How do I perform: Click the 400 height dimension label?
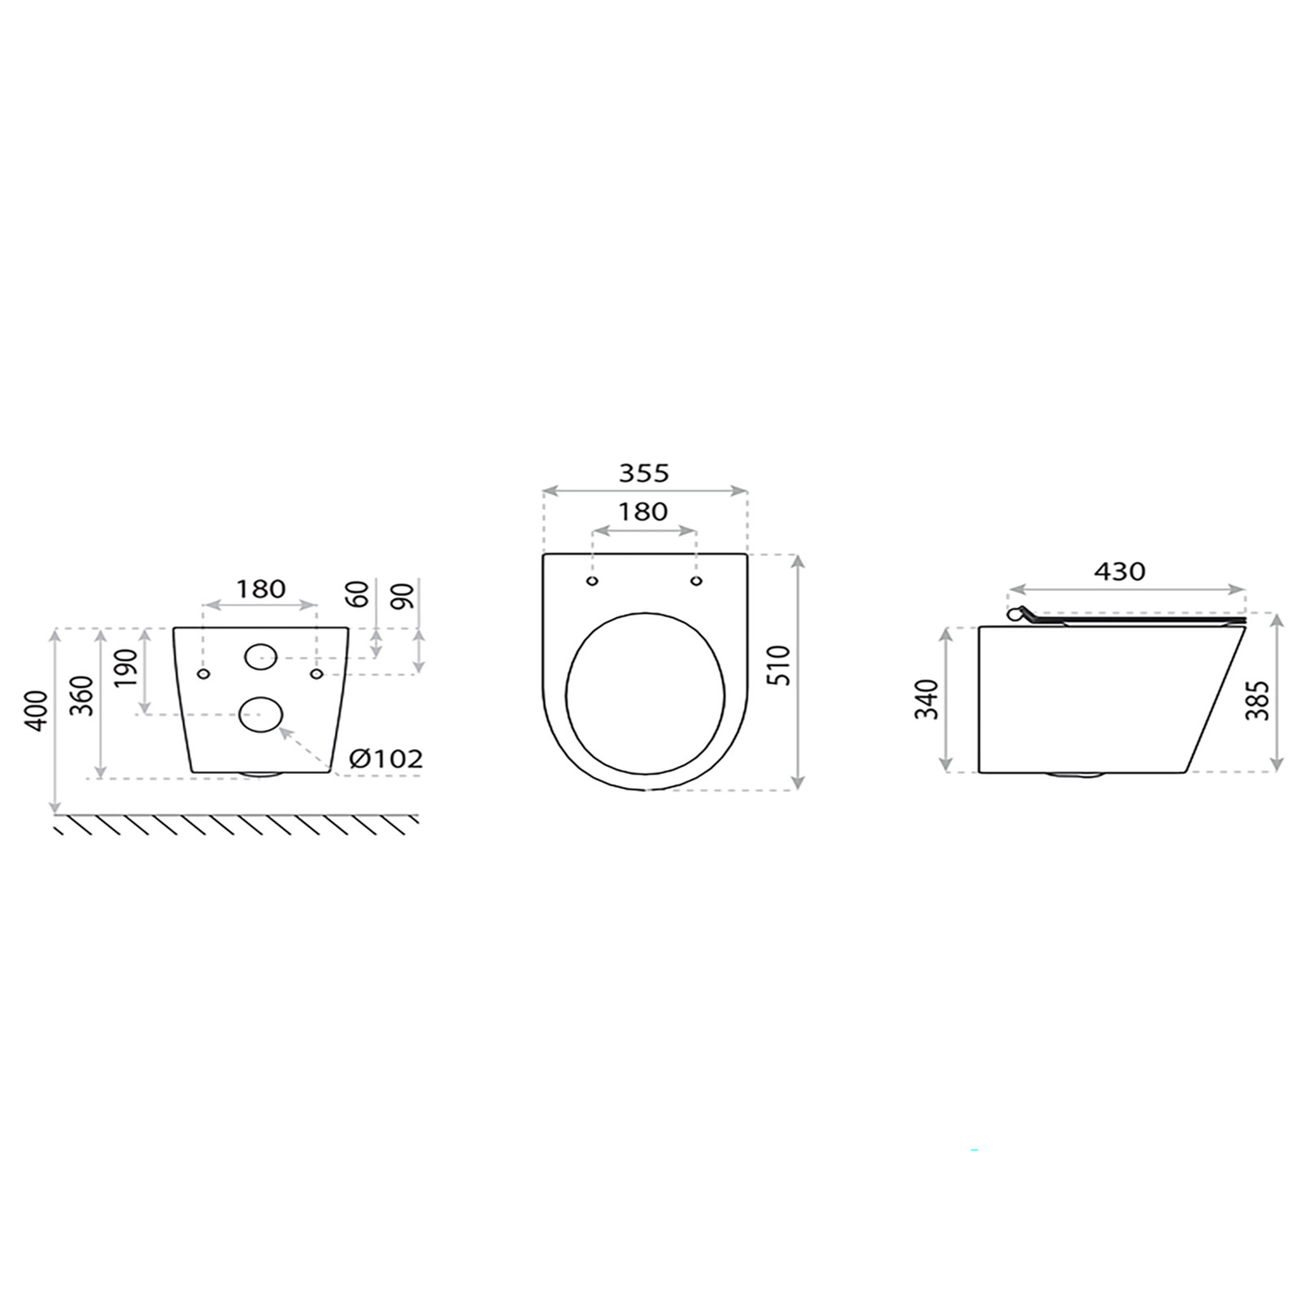point(35,711)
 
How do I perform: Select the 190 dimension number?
point(126,668)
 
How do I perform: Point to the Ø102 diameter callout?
point(386,759)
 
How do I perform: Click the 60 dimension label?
point(357,594)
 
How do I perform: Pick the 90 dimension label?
point(402,595)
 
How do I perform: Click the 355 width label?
point(644,472)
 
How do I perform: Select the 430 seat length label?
point(1120,572)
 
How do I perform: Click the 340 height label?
point(927,698)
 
